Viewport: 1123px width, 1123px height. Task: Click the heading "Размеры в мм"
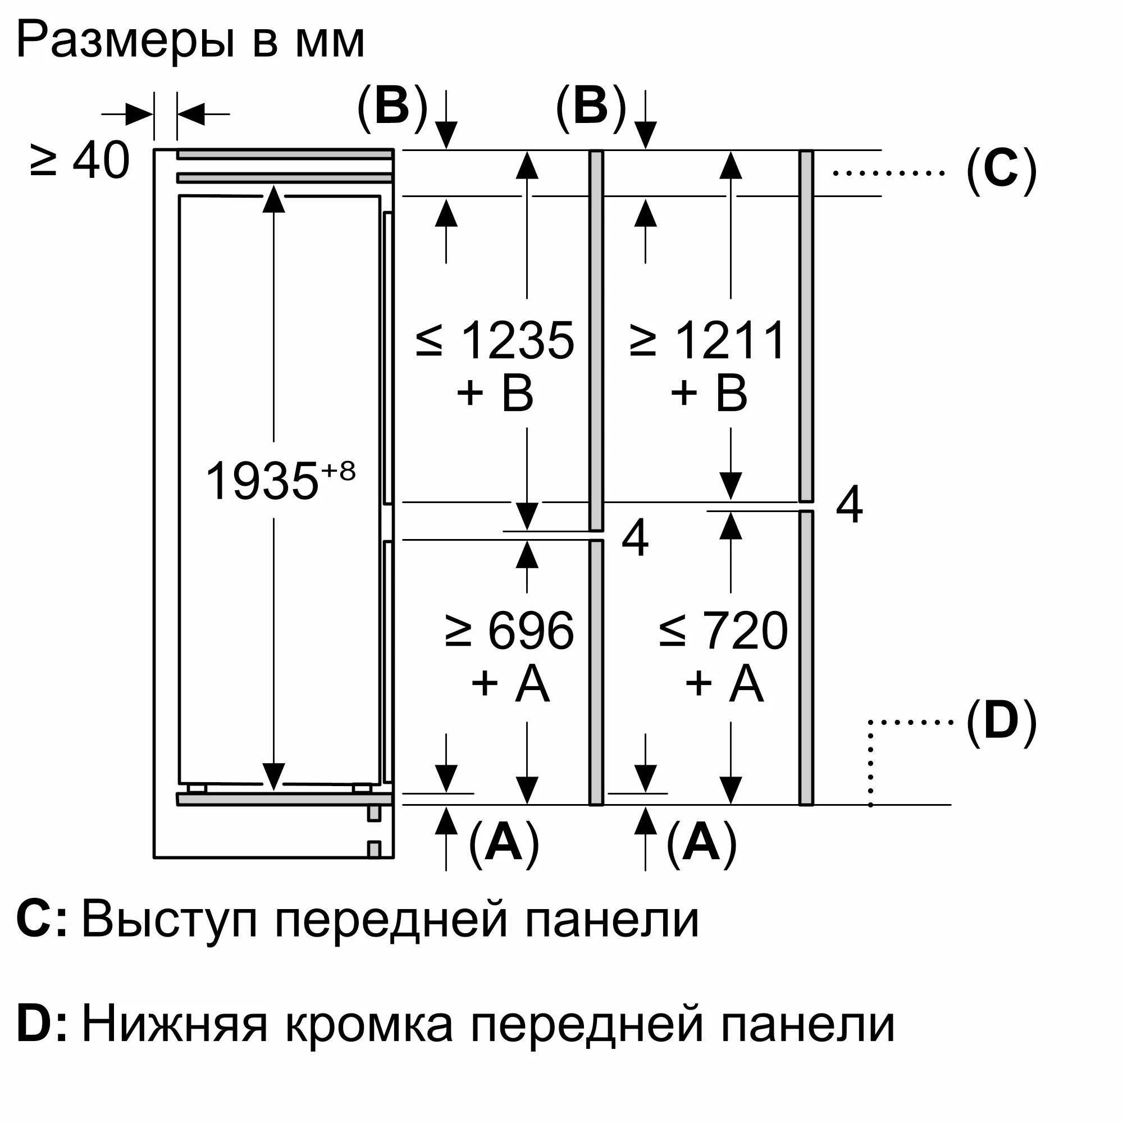click(x=191, y=40)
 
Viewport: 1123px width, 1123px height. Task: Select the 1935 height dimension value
click(x=262, y=481)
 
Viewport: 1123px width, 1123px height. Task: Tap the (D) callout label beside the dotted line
click(x=1001, y=722)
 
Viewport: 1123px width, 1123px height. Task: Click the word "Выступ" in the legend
click(x=169, y=920)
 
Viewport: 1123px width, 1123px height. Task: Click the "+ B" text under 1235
click(x=495, y=394)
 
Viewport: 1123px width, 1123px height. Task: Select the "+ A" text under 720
click(x=724, y=683)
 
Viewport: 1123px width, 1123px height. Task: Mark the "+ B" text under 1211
click(x=709, y=394)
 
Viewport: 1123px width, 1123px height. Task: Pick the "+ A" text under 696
click(x=510, y=683)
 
